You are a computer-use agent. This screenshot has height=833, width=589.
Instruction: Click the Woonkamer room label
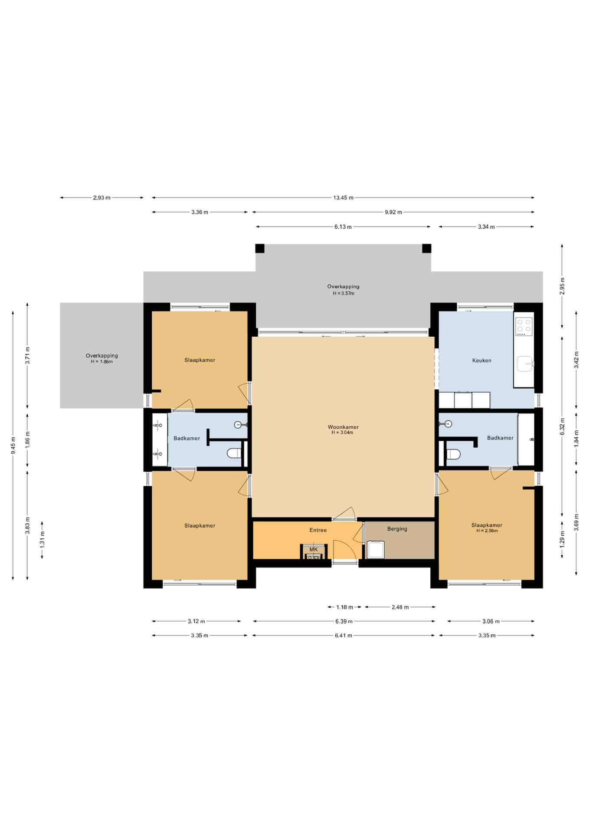click(343, 427)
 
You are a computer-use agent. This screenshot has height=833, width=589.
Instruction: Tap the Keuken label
click(481, 361)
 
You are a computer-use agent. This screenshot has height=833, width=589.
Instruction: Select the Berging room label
click(397, 529)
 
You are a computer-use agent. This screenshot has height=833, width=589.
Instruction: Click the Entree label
click(318, 530)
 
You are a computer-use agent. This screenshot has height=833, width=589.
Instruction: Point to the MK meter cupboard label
click(314, 549)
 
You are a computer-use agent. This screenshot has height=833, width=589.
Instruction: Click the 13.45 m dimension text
click(343, 198)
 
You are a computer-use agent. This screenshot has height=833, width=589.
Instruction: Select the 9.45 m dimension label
click(13, 445)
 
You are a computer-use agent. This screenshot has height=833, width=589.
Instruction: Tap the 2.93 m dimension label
click(101, 198)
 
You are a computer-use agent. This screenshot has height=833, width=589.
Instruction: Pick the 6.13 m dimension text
click(343, 227)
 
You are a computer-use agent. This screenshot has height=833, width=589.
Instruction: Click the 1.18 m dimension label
click(345, 607)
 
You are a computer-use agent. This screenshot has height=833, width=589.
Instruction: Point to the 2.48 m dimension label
click(400, 607)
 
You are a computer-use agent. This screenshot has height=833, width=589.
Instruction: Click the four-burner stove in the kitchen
click(524, 327)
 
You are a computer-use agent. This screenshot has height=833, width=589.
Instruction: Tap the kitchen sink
click(526, 364)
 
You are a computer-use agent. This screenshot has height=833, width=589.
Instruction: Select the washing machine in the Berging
click(375, 549)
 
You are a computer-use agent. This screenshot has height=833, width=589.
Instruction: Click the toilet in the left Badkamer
click(234, 453)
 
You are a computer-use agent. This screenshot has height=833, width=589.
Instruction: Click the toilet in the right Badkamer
click(453, 454)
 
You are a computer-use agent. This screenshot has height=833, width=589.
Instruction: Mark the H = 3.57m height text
click(343, 293)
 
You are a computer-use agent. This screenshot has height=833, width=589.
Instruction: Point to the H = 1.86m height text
click(101, 362)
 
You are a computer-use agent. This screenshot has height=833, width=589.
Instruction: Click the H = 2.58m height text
click(487, 531)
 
